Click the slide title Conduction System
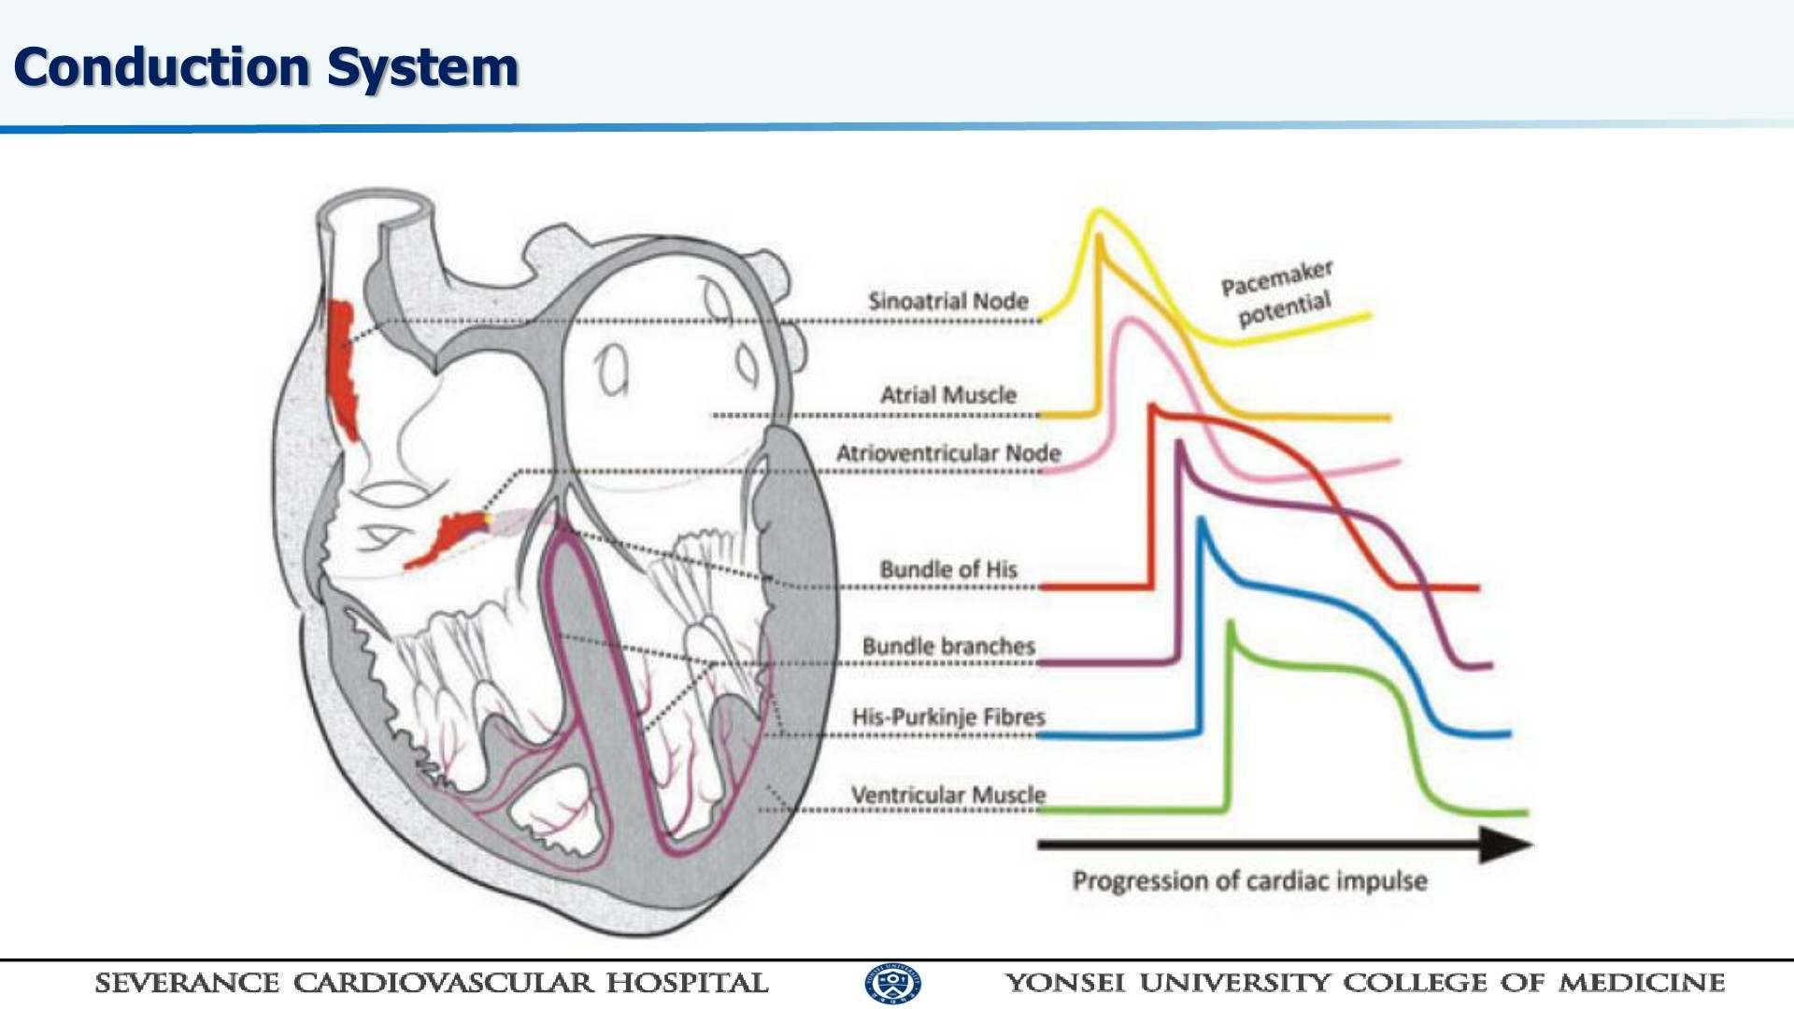(x=265, y=67)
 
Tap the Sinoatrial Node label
(x=947, y=301)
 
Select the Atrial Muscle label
(x=947, y=395)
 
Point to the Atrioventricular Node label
(x=947, y=453)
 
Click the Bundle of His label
(x=947, y=569)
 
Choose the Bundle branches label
(x=947, y=646)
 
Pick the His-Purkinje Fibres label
(x=947, y=717)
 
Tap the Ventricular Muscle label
(x=947, y=794)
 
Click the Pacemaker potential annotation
(x=1278, y=292)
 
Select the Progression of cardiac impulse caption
(x=1249, y=880)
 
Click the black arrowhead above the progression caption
(x=1506, y=845)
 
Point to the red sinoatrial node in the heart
(x=342, y=369)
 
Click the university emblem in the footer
(x=893, y=983)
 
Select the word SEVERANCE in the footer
(x=187, y=983)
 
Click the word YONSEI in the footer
(x=1065, y=983)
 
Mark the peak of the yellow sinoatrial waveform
(x=1099, y=212)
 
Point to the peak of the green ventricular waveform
(x=1231, y=624)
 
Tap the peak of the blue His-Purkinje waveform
(x=1201, y=520)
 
